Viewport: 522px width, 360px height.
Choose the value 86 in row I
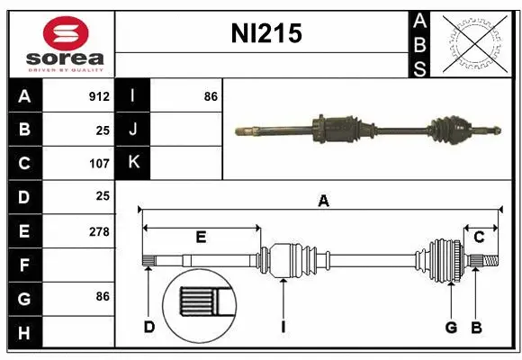211,96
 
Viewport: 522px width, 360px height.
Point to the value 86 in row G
103,295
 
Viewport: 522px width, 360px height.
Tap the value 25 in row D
103,195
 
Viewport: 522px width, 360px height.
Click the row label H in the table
24,333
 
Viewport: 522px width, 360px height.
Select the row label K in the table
133,163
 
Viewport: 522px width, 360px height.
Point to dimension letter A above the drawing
323,202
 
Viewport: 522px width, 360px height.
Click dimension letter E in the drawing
201,238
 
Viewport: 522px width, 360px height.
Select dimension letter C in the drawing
480,238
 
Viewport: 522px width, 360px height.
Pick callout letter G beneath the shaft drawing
451,327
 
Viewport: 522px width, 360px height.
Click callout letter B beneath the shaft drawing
477,327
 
